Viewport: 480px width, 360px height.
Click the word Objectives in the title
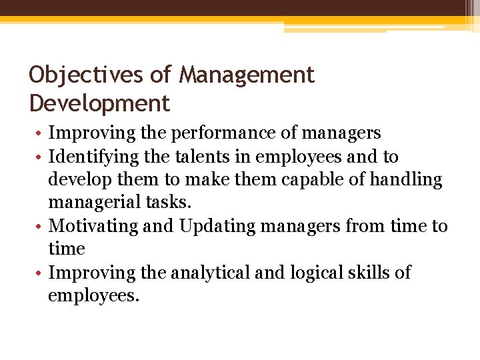[x=86, y=75]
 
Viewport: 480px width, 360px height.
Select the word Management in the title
[x=247, y=75]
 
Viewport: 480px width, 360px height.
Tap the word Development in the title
[x=100, y=104]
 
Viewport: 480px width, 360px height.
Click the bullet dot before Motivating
[x=39, y=227]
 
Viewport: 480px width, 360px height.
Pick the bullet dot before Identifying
[x=39, y=158]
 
